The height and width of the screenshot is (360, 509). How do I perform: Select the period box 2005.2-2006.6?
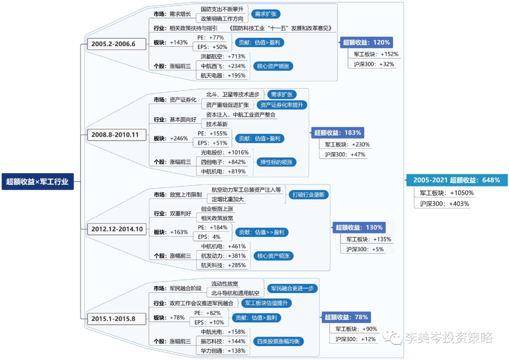click(x=113, y=44)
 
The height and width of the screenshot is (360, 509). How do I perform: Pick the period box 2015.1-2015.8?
click(x=113, y=319)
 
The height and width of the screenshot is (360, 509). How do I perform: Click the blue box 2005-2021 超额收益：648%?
click(x=456, y=180)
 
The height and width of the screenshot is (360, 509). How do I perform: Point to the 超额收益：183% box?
click(x=337, y=133)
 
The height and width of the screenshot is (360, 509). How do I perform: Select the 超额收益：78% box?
click(x=346, y=317)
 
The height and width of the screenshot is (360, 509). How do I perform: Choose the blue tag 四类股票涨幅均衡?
click(x=278, y=341)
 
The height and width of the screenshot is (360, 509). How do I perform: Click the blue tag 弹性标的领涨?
click(x=276, y=162)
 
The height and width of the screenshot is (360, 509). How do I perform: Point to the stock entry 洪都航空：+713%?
click(x=222, y=57)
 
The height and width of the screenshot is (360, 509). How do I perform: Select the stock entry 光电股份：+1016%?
click(x=224, y=153)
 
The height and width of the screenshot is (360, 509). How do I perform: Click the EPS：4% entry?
click(x=209, y=237)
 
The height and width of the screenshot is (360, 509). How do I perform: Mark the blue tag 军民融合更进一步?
click(x=292, y=288)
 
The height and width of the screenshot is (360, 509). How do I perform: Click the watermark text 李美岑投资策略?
click(x=448, y=337)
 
